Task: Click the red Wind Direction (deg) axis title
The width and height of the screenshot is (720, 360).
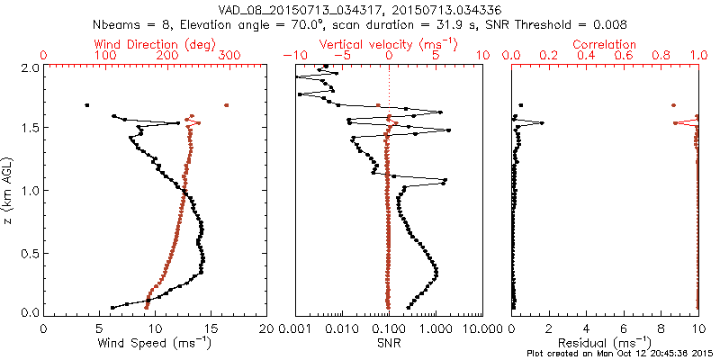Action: tap(154, 44)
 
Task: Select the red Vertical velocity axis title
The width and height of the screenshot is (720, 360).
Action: tap(389, 44)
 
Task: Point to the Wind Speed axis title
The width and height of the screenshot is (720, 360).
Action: tap(156, 343)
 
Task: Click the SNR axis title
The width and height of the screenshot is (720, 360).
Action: tap(389, 343)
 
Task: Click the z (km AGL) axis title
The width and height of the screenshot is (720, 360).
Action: tap(9, 189)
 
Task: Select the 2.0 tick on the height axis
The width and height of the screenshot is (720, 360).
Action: tap(30, 67)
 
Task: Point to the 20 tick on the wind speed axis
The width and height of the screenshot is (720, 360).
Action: tap(266, 328)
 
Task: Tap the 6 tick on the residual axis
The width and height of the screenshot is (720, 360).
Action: tap(624, 328)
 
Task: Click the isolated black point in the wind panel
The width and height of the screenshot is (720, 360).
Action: tap(86, 105)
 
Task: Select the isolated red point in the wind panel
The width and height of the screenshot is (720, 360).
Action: tap(226, 105)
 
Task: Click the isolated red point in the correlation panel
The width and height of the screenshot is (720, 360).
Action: tap(674, 105)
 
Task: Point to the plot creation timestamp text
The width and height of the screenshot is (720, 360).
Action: tap(622, 354)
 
